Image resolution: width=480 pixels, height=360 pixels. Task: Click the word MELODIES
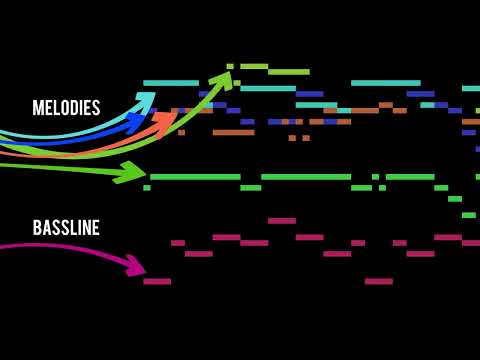coord(66,108)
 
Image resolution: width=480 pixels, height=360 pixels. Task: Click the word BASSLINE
coord(66,228)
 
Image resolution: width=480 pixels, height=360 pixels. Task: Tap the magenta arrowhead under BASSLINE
coord(134,265)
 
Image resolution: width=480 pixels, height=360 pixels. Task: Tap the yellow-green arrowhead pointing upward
coord(220,79)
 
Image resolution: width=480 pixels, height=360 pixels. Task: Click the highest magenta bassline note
coord(282,221)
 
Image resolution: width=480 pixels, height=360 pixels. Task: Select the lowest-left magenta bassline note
coord(157,281)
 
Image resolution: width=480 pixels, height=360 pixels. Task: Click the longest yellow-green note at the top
coord(289,72)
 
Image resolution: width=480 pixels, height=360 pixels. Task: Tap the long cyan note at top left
coord(171,83)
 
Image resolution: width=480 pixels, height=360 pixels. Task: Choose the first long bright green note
coord(195,177)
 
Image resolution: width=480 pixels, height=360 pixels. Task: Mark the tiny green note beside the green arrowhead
coord(147,187)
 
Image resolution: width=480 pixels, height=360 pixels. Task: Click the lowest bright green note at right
coord(469,215)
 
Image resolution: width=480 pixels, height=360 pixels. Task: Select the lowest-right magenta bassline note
coord(379,281)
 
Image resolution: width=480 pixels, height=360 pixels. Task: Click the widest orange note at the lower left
coord(233,132)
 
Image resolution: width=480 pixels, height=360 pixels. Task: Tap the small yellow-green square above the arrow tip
coord(230,66)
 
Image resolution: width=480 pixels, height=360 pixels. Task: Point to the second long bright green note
coord(306,177)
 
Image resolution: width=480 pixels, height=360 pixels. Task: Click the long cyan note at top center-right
coord(386,83)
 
